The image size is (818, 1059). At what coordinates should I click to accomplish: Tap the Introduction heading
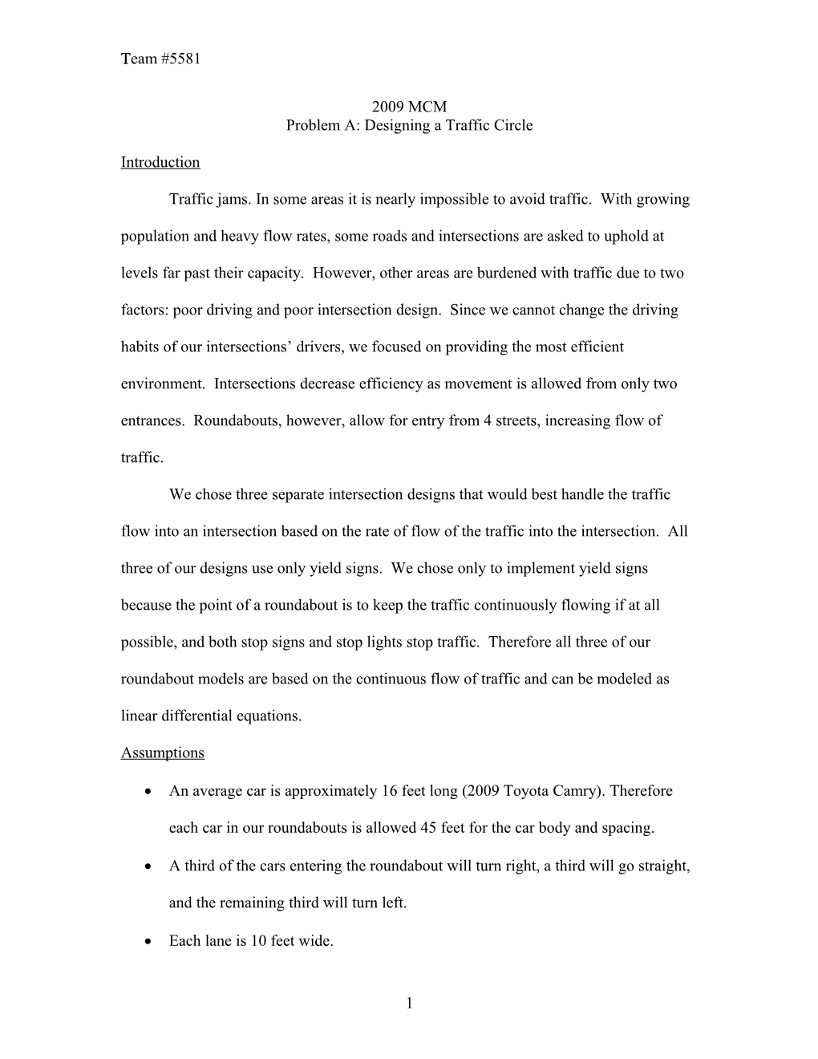click(160, 162)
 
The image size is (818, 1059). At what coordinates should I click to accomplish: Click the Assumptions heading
click(162, 753)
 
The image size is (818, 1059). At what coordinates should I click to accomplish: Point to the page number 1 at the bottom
click(409, 1002)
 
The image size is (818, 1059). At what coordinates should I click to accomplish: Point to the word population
click(153, 237)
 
